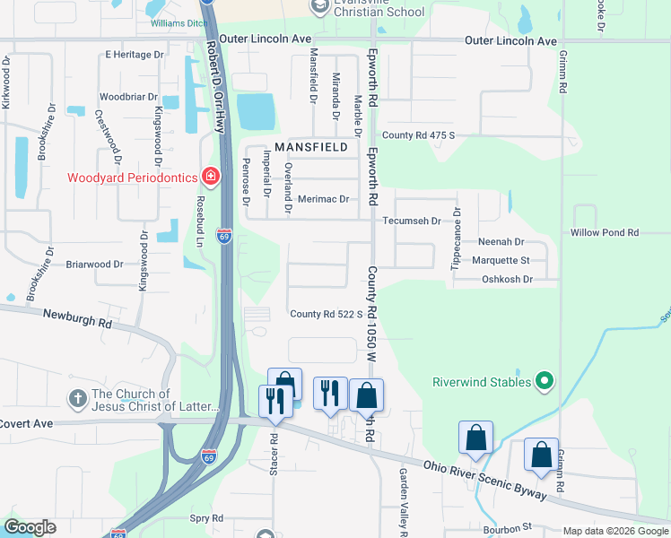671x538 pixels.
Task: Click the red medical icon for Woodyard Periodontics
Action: pyautogui.click(x=210, y=177)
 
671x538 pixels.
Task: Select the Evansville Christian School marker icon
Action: pyautogui.click(x=319, y=6)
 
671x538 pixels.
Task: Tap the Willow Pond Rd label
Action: pyautogui.click(x=604, y=232)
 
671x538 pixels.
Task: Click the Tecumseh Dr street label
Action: pyautogui.click(x=412, y=221)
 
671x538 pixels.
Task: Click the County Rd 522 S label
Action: pyautogui.click(x=326, y=314)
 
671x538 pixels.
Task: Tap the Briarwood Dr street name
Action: pyautogui.click(x=94, y=265)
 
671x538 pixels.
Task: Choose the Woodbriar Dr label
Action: pyautogui.click(x=128, y=96)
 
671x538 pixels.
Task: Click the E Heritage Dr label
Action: pyautogui.click(x=135, y=55)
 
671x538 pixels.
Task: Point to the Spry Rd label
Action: pyautogui.click(x=205, y=518)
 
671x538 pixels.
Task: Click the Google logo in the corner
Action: pyautogui.click(x=30, y=527)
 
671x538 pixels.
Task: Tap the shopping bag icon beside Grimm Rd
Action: pyautogui.click(x=542, y=455)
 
